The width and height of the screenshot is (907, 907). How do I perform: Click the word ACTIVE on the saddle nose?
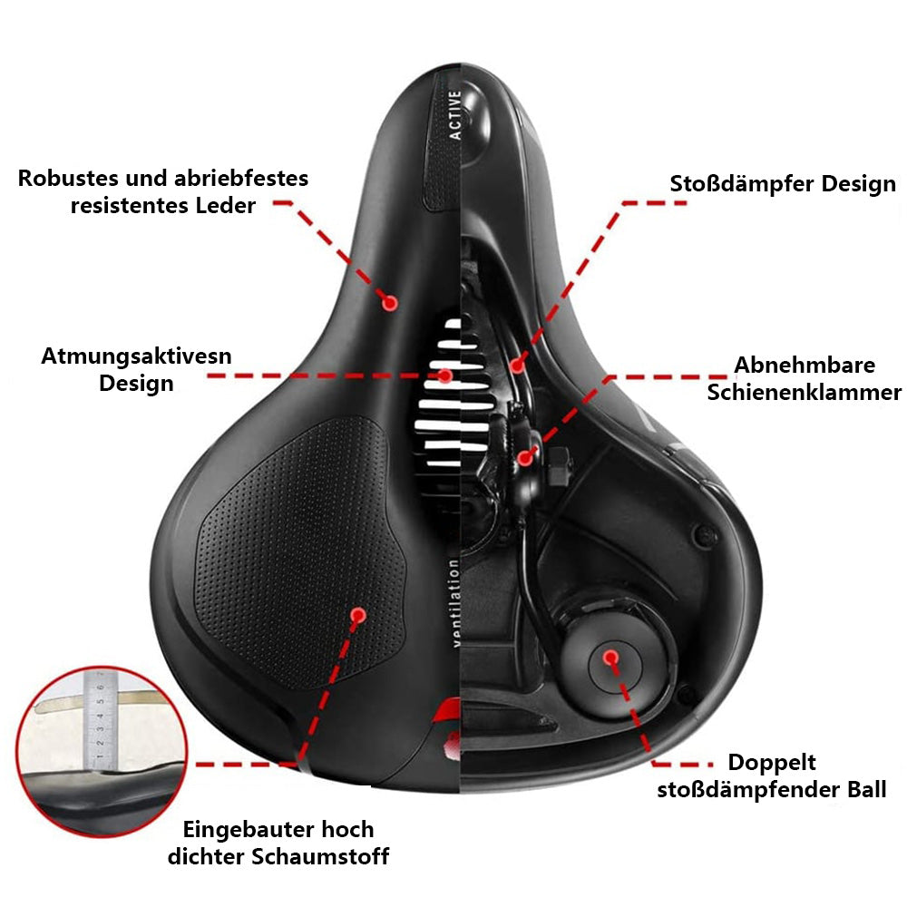(455, 114)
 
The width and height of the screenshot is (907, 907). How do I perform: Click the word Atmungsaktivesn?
(136, 356)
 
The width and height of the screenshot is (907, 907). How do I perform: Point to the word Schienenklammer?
(805, 392)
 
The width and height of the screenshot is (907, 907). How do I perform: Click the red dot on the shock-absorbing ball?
(611, 656)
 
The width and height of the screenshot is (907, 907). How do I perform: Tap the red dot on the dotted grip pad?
(357, 615)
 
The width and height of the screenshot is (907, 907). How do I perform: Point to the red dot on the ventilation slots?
(445, 375)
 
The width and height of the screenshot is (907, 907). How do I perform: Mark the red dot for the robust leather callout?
(390, 302)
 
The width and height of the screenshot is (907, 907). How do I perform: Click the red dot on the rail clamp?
(524, 458)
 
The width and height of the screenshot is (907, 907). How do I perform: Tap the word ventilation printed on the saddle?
(454, 603)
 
